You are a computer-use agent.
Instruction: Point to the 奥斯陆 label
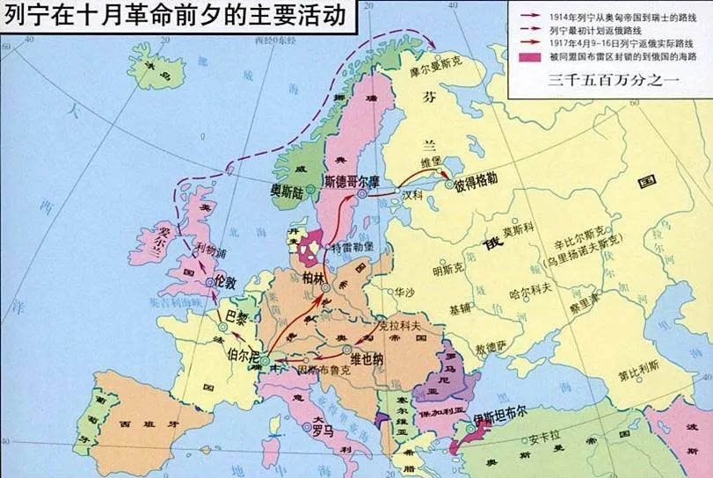click(x=289, y=187)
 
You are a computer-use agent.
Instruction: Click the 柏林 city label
click(x=314, y=277)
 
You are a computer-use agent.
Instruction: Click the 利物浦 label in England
click(x=211, y=249)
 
